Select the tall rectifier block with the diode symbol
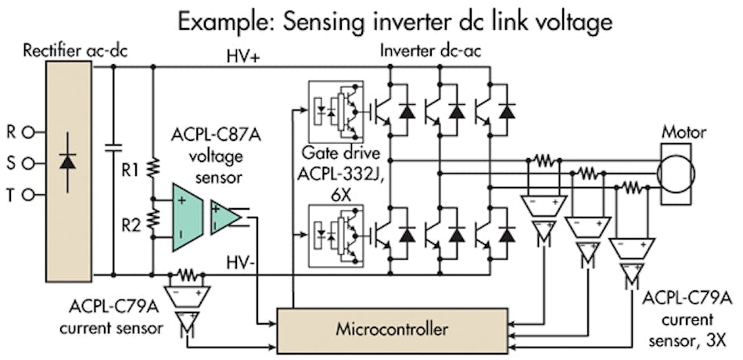coord(68,164)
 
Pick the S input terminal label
coord(10,164)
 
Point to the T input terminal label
coord(10,194)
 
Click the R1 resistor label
coord(130,167)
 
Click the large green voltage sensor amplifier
coord(189,217)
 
